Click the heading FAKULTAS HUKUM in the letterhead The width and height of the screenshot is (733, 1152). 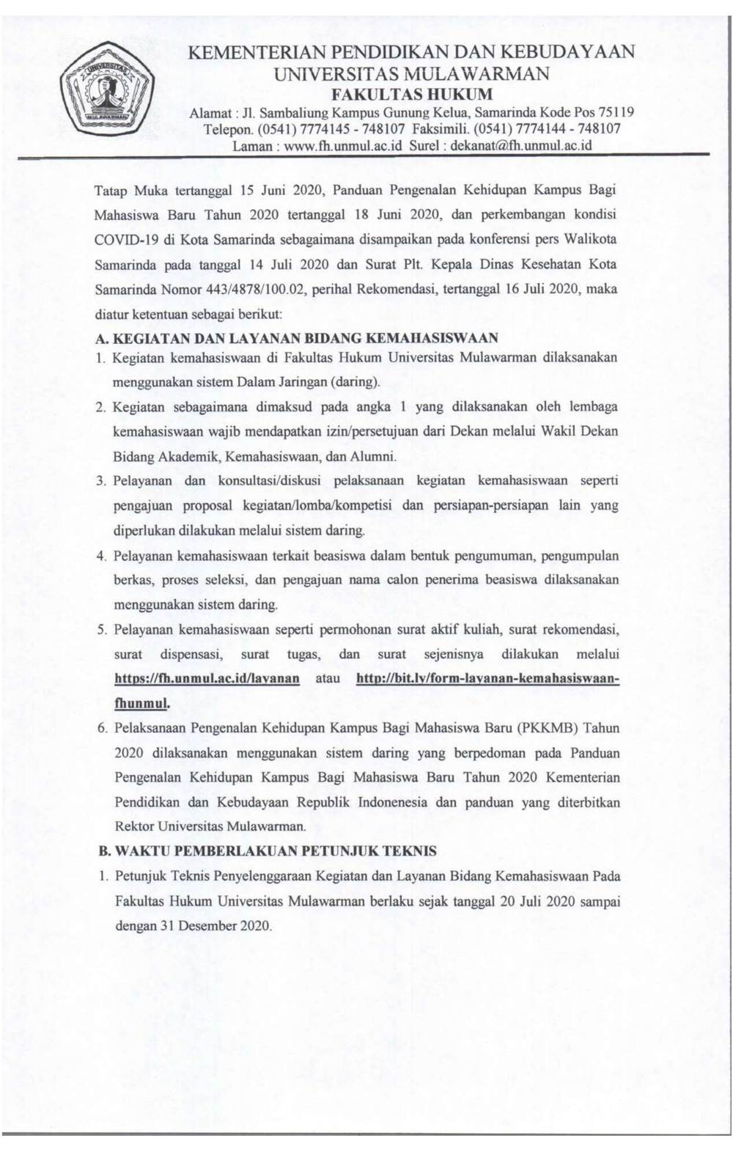(411, 94)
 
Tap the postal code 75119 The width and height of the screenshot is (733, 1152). (616, 113)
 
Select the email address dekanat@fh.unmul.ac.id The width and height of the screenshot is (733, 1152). (521, 145)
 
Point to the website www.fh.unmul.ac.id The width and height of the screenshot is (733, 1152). (344, 145)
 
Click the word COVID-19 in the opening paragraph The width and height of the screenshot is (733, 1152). (122, 239)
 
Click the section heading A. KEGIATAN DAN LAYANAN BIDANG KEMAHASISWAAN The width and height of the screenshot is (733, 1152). (297, 338)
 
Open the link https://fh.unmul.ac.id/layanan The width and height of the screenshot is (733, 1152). (207, 678)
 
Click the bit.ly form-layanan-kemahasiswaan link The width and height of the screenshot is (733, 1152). (487, 678)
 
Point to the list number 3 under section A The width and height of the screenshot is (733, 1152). (101, 481)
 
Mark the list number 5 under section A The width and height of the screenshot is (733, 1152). (101, 629)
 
